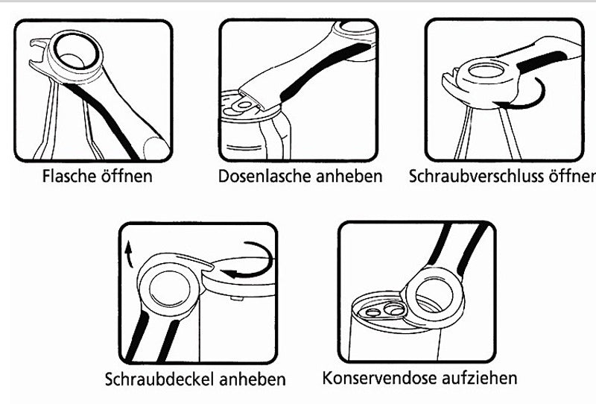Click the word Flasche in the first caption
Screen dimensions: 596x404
(69, 176)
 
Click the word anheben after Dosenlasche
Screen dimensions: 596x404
(349, 176)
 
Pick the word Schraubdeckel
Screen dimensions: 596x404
(159, 379)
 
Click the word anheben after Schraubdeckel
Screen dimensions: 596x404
(252, 379)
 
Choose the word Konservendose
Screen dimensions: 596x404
(380, 378)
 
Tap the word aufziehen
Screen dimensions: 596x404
(480, 378)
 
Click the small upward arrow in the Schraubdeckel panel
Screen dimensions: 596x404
(129, 254)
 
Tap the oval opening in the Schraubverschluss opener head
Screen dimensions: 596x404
(486, 71)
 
